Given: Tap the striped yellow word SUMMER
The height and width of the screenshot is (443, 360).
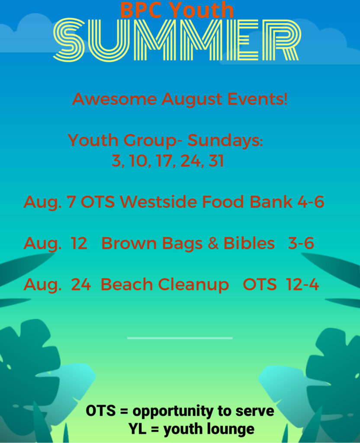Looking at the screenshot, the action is coord(177,40).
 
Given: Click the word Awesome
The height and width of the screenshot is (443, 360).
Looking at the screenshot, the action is coord(114,99).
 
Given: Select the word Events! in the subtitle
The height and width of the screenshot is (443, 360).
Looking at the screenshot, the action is coord(257,99).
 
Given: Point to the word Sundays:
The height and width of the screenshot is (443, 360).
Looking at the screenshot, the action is coord(225,140).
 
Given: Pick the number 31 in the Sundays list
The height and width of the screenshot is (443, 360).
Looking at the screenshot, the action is coord(216,161).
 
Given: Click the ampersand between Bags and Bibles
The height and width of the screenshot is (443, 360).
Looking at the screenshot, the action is coord(213,243).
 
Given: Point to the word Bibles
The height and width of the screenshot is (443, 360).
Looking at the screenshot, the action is coord(249,243).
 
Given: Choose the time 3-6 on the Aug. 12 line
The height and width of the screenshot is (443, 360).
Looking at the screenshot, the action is coord(301,243).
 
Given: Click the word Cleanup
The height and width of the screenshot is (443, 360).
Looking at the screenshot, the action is coord(193,285).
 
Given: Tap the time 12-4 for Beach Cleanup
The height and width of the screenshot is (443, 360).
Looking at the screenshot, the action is coord(302,284).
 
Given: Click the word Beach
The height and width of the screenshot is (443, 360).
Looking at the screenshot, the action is coord(127,284).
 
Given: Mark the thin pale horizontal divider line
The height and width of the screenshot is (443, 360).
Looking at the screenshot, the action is coord(180,338).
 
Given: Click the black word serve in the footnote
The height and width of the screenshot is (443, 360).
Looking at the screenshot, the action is coord(254,411).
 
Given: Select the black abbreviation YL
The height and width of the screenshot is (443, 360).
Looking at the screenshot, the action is coord(138,429).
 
